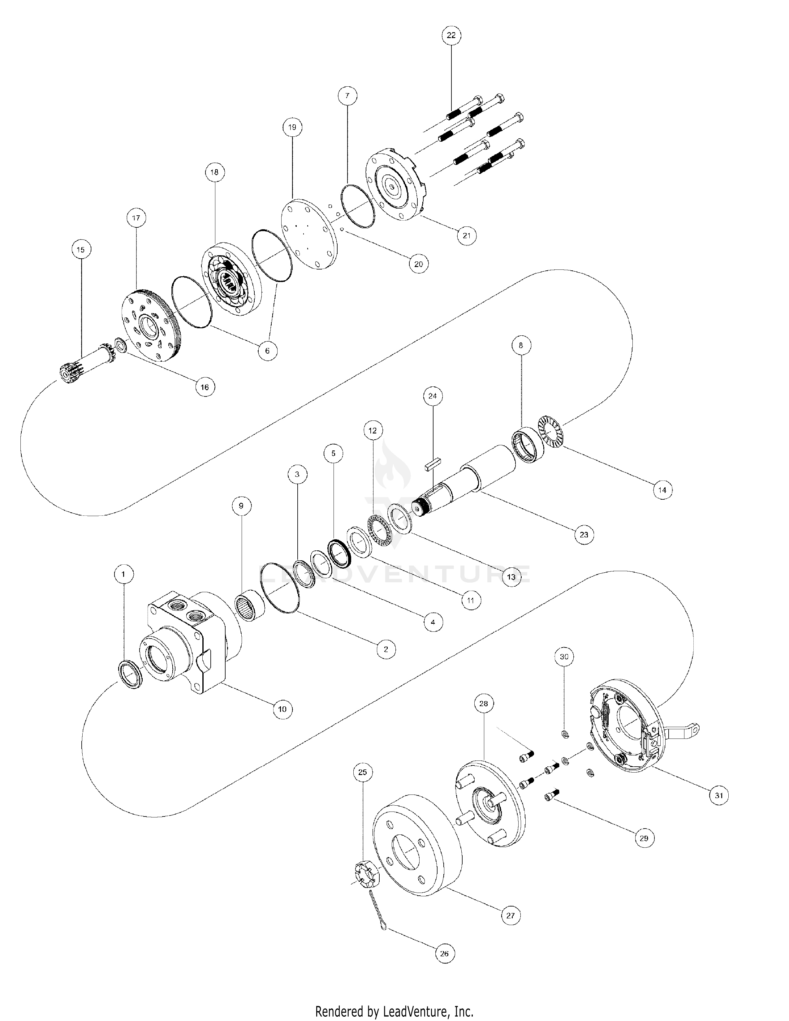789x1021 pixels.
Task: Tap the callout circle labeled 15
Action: coord(81,250)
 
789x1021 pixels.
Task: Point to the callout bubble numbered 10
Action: coord(282,709)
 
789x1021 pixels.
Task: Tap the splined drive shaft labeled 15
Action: coord(87,369)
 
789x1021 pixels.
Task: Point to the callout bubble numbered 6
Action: coord(267,351)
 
